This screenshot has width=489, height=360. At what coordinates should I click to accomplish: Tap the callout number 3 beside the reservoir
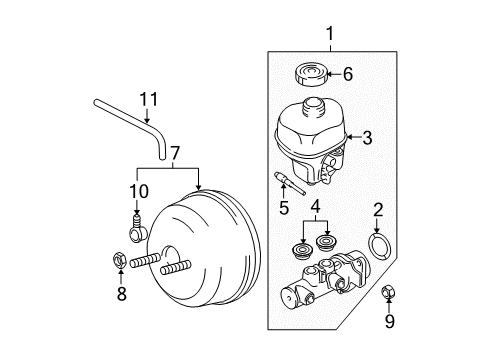pyautogui.click(x=367, y=138)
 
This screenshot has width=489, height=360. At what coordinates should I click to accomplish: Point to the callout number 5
pyautogui.click(x=283, y=208)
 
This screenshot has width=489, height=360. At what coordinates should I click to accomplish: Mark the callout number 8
pyautogui.click(x=122, y=294)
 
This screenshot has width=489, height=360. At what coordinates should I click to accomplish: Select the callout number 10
pyautogui.click(x=137, y=191)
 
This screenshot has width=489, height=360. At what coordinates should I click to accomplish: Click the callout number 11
pyautogui.click(x=149, y=99)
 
